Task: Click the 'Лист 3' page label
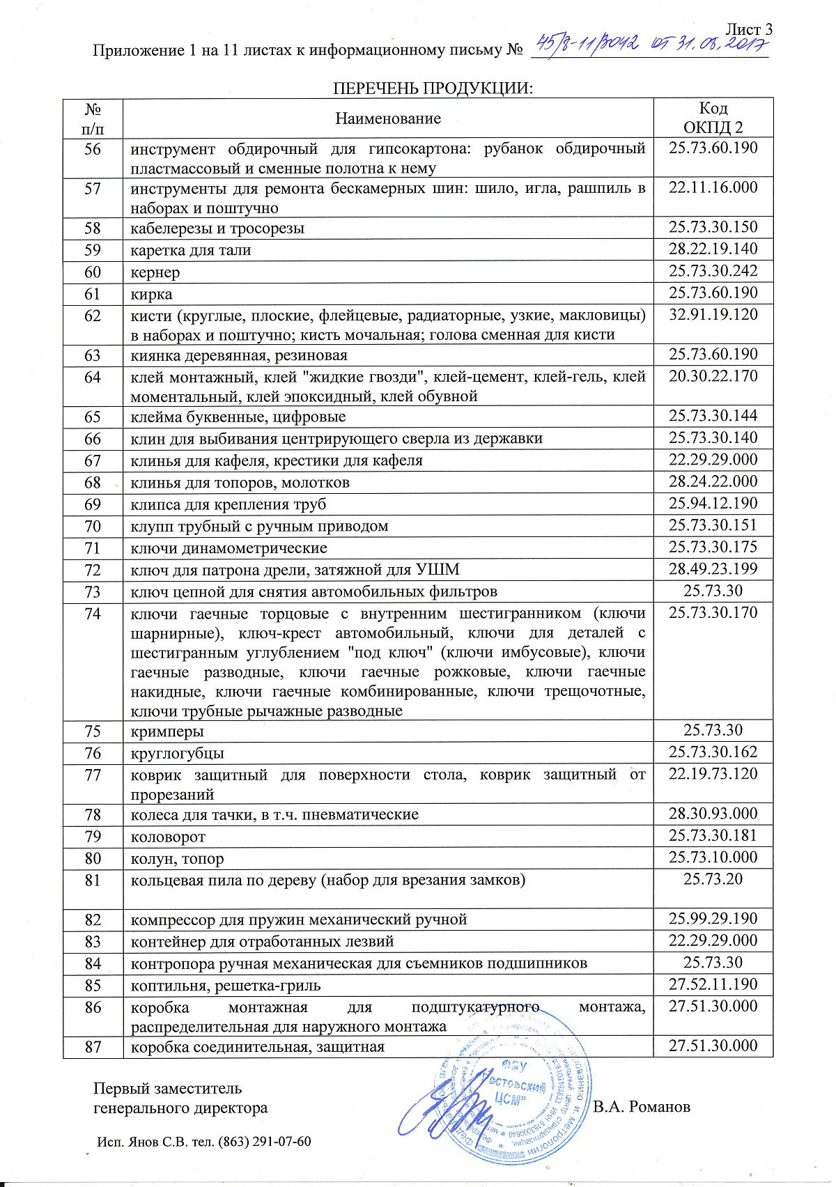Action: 749,29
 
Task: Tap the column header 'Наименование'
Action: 388,118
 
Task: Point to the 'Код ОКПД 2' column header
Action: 713,118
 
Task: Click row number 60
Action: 93,272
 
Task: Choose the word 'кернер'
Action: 155,272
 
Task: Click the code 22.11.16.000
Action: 713,188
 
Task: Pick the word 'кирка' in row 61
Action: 151,294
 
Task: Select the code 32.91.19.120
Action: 713,314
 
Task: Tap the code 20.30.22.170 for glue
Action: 713,377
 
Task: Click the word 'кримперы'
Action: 167,732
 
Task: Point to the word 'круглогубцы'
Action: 178,754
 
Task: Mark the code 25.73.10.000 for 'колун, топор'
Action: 713,858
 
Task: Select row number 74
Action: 93,614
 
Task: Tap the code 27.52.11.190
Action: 713,984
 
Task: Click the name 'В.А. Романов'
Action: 641,1107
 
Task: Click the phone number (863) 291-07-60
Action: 264,1142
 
